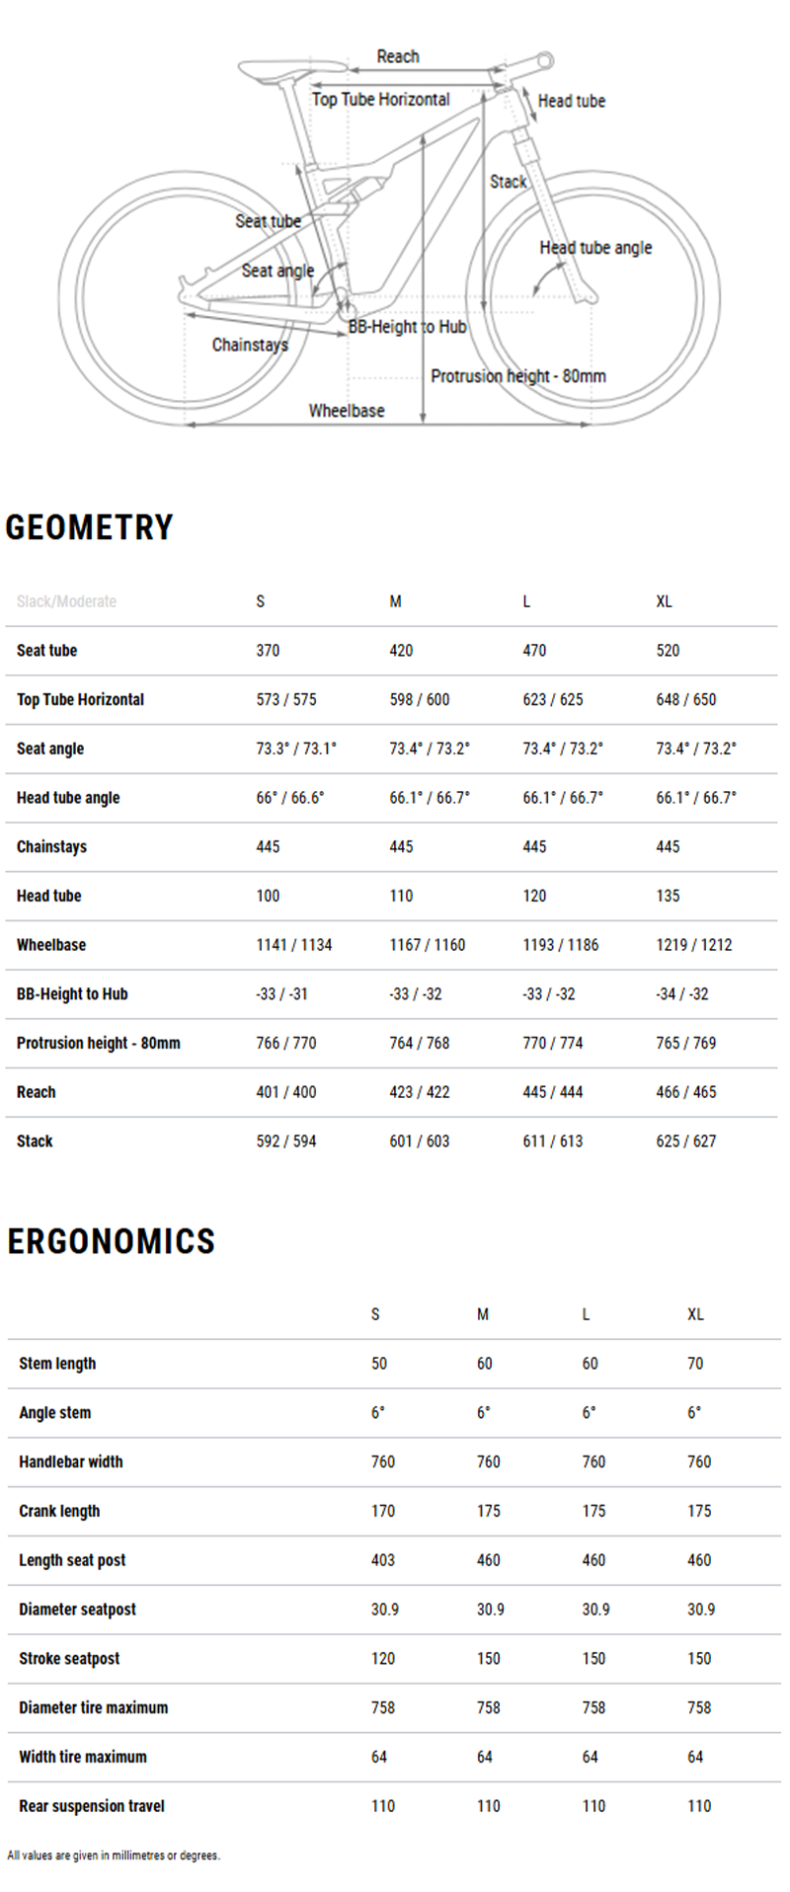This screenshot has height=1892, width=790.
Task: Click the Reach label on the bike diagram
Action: click(398, 56)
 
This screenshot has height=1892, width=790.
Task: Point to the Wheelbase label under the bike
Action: click(347, 411)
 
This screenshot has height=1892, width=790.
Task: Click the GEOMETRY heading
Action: click(90, 527)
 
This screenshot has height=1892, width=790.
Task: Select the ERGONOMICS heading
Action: click(112, 1241)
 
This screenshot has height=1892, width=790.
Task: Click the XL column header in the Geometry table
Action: click(664, 601)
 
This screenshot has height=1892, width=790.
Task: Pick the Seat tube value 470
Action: click(534, 651)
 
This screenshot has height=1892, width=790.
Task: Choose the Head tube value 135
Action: click(668, 896)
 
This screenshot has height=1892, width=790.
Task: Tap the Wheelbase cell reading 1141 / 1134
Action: click(294, 945)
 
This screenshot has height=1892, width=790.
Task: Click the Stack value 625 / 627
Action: click(686, 1142)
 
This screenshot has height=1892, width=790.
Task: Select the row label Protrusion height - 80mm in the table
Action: click(99, 1043)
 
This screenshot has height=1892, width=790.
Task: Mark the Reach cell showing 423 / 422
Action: click(420, 1092)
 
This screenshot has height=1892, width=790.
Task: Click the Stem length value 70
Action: click(695, 1364)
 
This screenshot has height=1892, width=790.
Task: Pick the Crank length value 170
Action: click(383, 1511)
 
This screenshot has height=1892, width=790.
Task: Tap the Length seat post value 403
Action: click(383, 1560)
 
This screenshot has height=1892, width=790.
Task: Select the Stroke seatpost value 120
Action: click(383, 1659)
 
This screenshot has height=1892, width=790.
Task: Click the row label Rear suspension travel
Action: click(92, 1806)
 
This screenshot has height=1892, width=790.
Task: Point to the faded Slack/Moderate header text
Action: click(66, 601)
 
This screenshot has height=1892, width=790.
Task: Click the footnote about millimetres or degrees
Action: click(114, 1855)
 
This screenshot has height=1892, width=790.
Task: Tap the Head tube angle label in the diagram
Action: click(595, 248)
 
